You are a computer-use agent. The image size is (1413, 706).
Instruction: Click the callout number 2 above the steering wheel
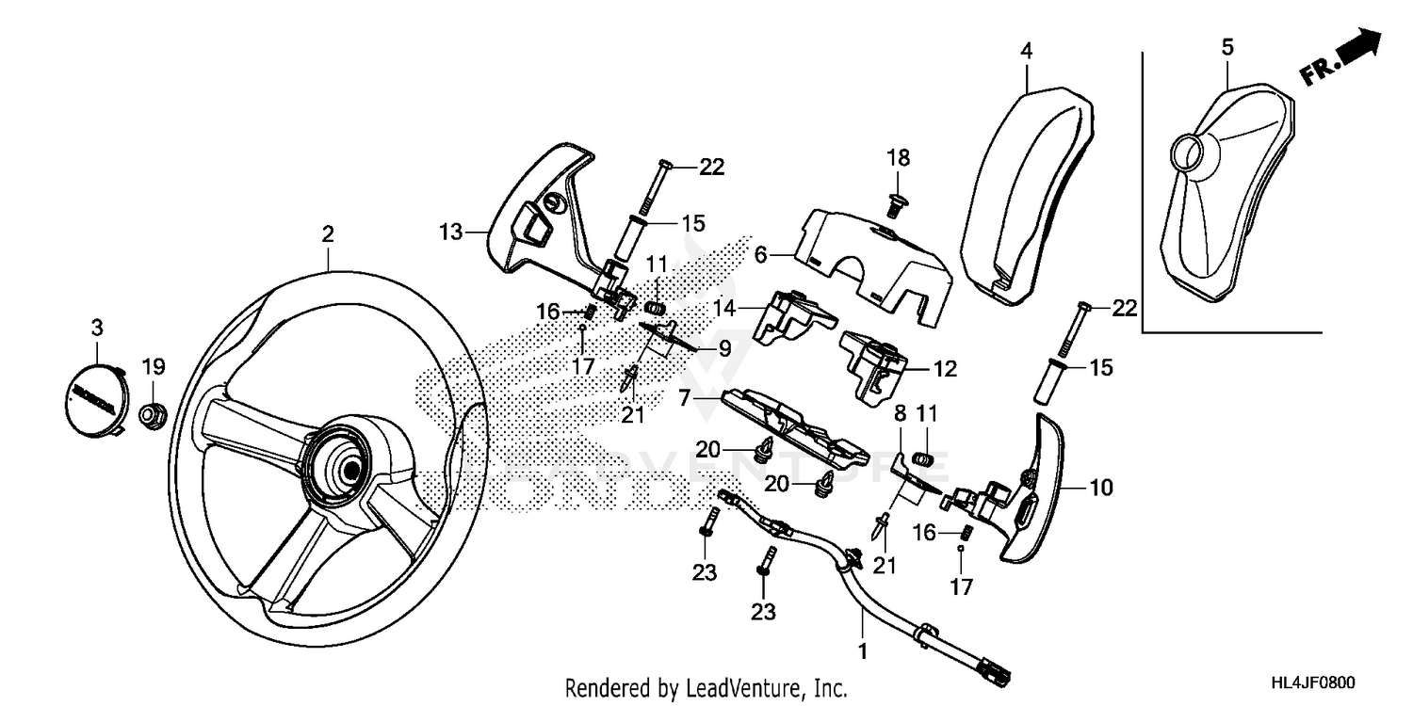[x=327, y=234]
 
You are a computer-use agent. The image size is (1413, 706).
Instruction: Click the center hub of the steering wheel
[x=349, y=468]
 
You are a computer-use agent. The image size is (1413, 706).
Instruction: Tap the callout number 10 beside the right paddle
[x=1100, y=488]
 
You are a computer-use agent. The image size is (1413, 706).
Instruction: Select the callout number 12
[x=945, y=369]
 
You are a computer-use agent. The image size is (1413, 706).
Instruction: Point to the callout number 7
[x=698, y=399]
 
